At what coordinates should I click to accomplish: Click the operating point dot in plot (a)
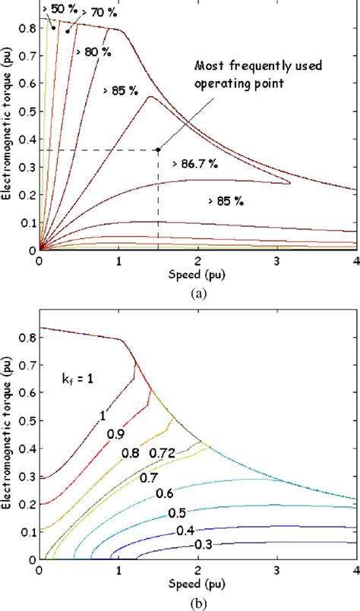pos(158,150)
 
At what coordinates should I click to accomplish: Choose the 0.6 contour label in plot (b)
pos(164,493)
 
